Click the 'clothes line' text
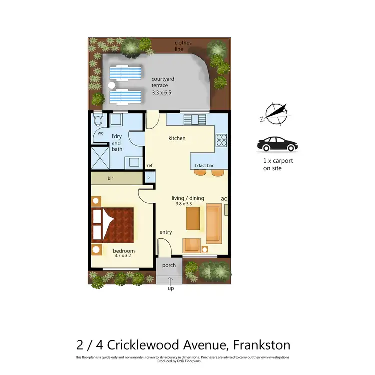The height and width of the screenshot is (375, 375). click(x=183, y=46)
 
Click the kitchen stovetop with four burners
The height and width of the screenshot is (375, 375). click(x=221, y=140)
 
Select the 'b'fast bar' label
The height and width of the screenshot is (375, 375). click(x=204, y=165)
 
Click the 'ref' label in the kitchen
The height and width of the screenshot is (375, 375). click(x=149, y=165)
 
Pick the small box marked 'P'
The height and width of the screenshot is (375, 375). click(x=149, y=177)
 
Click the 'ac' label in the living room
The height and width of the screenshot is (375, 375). click(x=224, y=199)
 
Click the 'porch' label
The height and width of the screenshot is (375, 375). click(x=169, y=265)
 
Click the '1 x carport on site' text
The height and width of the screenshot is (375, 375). click(x=278, y=164)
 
